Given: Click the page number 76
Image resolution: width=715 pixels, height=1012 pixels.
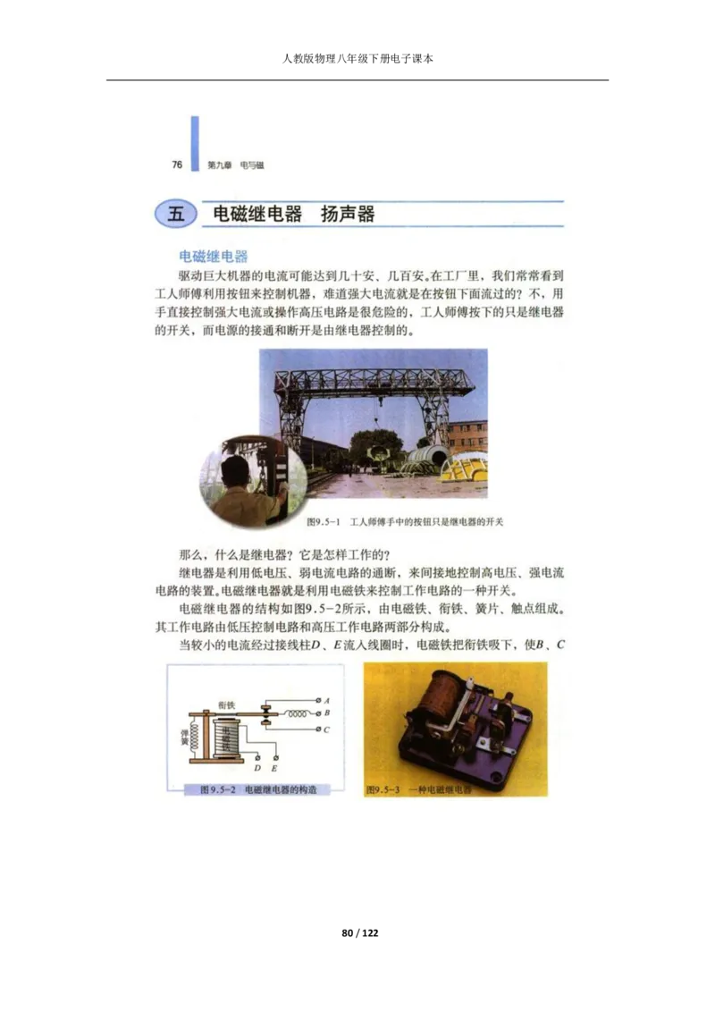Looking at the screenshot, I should click(177, 164).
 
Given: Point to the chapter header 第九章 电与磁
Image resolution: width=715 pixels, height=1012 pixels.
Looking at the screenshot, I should click(235, 165).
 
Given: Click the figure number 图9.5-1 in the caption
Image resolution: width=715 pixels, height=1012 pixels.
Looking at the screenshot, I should click(320, 521).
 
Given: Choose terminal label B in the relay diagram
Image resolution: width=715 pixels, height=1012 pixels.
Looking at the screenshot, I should click(328, 713).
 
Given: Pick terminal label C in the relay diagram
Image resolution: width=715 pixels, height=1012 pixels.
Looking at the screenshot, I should click(328, 729).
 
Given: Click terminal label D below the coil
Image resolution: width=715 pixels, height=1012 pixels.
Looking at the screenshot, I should click(257, 768).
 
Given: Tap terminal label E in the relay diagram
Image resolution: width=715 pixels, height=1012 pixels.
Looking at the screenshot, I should click(274, 768).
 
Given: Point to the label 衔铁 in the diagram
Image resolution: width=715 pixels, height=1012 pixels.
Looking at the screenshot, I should click(226, 705).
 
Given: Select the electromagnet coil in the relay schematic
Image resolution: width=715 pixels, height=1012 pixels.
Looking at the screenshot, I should click(227, 737).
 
